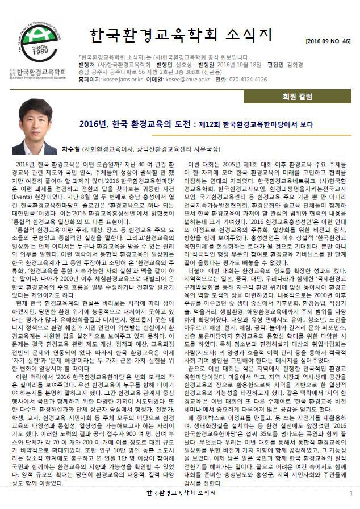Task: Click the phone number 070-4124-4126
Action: (248, 80)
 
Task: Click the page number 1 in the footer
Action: (351, 493)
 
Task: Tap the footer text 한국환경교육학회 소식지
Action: (180, 493)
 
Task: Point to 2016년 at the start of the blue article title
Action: (94, 124)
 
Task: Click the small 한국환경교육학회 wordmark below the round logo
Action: (40, 72)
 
